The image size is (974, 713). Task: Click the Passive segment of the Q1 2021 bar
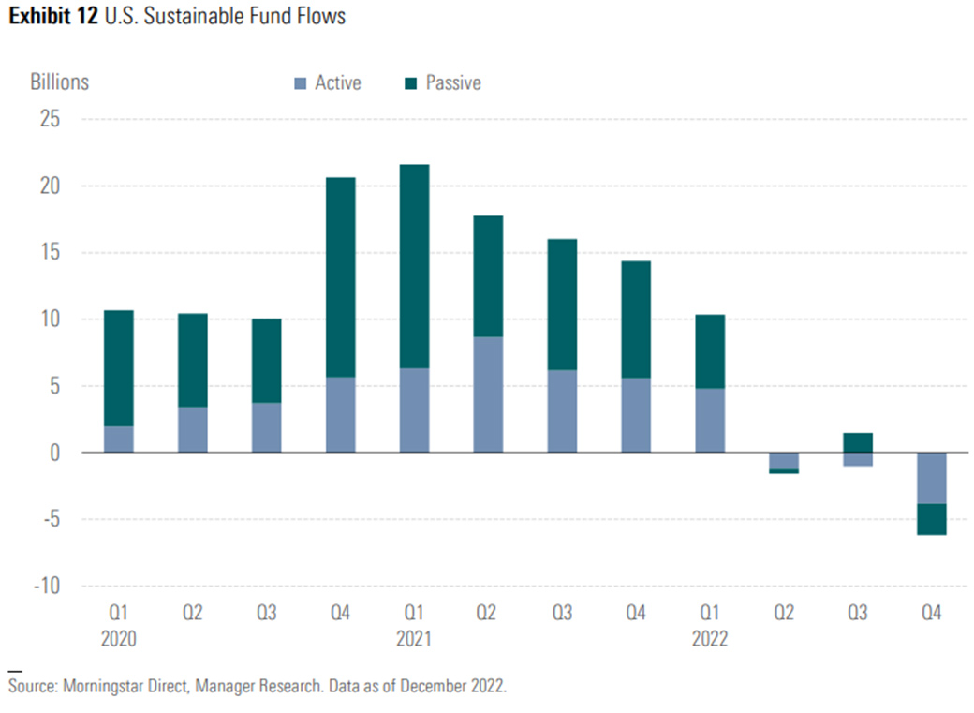(x=414, y=266)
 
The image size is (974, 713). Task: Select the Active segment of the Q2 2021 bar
(x=488, y=394)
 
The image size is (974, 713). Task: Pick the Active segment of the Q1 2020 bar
(x=118, y=439)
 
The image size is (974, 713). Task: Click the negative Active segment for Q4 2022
(x=931, y=478)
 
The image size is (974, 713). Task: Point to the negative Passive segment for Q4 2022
(x=931, y=519)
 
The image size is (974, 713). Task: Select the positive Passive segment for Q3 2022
(x=857, y=442)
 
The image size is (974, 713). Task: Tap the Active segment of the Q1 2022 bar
(x=709, y=421)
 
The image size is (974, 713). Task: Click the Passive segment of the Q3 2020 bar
(x=266, y=361)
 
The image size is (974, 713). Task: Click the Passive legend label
(x=453, y=82)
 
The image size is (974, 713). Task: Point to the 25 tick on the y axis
(x=48, y=120)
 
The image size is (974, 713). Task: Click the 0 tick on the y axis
(x=53, y=453)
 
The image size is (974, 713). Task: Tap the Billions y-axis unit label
(x=59, y=82)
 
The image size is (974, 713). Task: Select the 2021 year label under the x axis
(x=414, y=639)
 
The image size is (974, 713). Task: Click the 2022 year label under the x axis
(x=709, y=639)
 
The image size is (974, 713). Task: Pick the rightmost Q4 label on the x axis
(x=931, y=614)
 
